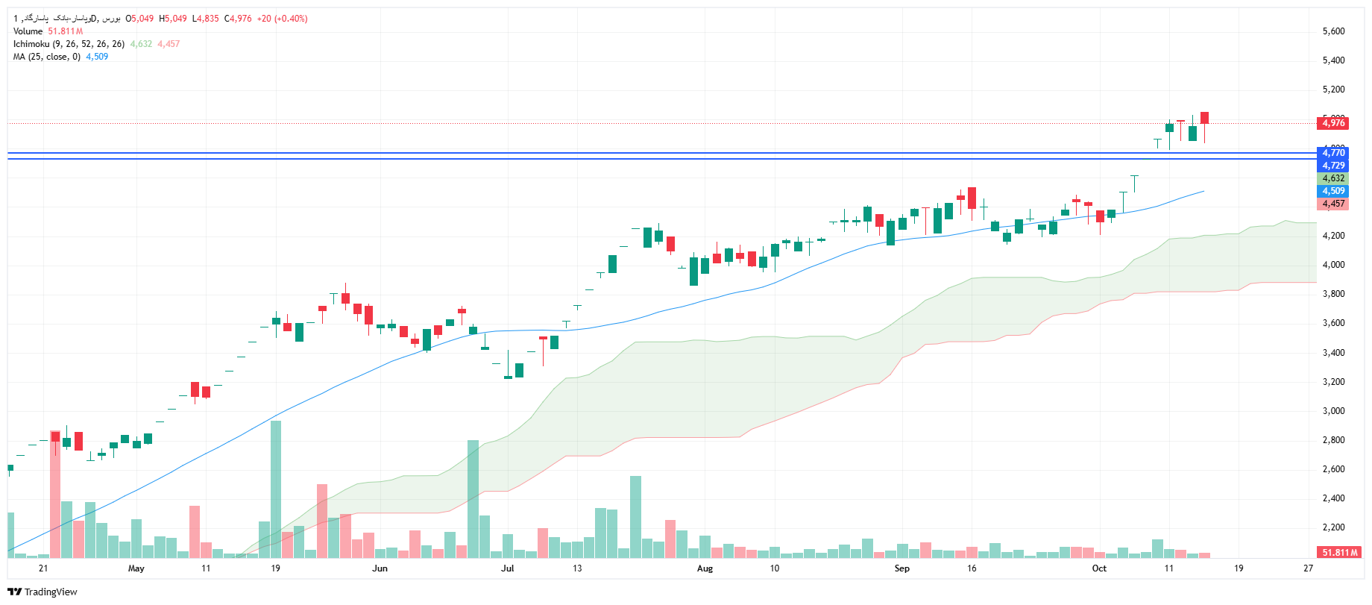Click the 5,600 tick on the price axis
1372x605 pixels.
[1333, 31]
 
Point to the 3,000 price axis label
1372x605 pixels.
[1333, 411]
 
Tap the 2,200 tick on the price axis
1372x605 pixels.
[1333, 527]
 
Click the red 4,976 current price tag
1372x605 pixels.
[1333, 123]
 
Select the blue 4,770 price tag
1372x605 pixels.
[1333, 153]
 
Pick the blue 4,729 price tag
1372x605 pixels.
[1333, 166]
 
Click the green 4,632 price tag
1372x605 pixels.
[1333, 178]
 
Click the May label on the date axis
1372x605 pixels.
[136, 568]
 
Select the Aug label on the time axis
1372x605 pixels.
[705, 568]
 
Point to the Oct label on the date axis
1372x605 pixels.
[1099, 568]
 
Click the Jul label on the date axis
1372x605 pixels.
[508, 568]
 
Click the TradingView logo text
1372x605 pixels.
[50, 592]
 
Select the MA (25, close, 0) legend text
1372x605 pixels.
[46, 57]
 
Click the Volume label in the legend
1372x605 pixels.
[28, 31]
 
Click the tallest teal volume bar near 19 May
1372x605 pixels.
[276, 489]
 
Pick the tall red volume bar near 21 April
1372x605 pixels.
[55, 494]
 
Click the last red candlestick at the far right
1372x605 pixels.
[1204, 118]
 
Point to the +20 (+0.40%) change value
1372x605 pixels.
[282, 19]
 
